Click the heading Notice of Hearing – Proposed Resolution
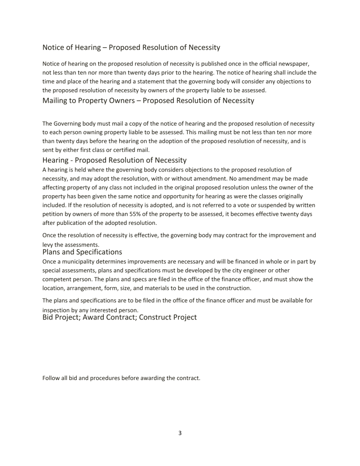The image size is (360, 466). (x=131, y=47)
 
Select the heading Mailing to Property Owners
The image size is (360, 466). (x=148, y=101)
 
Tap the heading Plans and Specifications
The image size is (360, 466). (x=82, y=252)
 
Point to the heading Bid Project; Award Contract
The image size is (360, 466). (x=119, y=317)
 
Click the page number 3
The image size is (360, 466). (x=180, y=433)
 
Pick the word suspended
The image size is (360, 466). (x=259, y=205)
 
